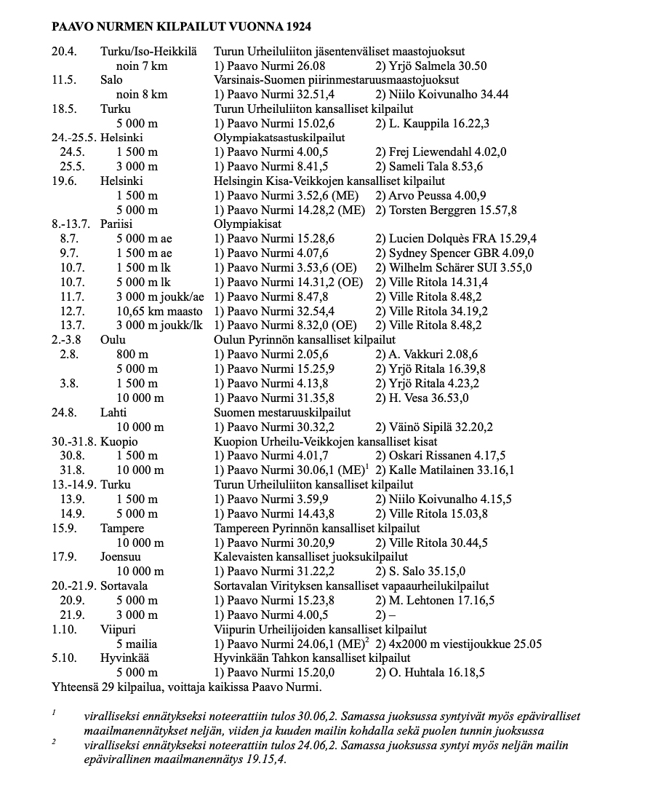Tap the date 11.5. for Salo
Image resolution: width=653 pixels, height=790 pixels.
point(64,80)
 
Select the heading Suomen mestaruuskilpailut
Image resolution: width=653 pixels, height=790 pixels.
point(282,412)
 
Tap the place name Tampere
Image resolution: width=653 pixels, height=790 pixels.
point(122,528)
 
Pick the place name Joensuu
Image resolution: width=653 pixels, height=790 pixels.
point(121,557)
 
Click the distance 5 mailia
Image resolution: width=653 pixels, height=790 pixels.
point(137,644)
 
